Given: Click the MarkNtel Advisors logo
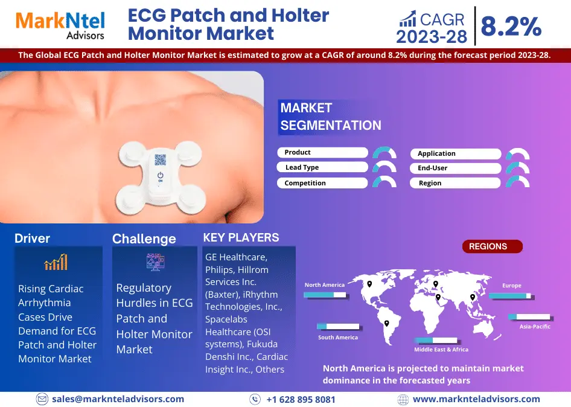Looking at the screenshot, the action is (x=60, y=25).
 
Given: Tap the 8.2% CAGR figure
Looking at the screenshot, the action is (x=511, y=26).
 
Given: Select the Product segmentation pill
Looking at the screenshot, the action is (x=323, y=152).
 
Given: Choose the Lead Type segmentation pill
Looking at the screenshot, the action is (x=322, y=167).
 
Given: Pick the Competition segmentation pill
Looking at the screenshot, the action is (x=322, y=183).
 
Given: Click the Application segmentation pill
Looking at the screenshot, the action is (x=456, y=153).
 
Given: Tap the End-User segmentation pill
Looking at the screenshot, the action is (x=456, y=168).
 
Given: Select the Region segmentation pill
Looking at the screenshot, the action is (x=455, y=183).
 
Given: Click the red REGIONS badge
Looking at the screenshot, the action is (x=493, y=246).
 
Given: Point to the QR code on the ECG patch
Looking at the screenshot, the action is (x=160, y=159).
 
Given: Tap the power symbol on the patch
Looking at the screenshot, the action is (x=160, y=176).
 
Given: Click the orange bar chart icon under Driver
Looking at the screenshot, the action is (x=56, y=262).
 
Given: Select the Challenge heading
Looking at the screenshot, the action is (x=144, y=239).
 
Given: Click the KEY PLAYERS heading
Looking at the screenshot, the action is (x=241, y=237).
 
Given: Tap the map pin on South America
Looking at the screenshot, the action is (x=387, y=324).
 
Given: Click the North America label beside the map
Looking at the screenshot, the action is (x=325, y=285).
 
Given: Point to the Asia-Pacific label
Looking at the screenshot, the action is (x=535, y=327).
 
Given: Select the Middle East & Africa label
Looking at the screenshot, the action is (x=441, y=350).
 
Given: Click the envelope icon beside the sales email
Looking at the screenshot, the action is (x=42, y=399).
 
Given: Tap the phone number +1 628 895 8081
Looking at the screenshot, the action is (x=301, y=399).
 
